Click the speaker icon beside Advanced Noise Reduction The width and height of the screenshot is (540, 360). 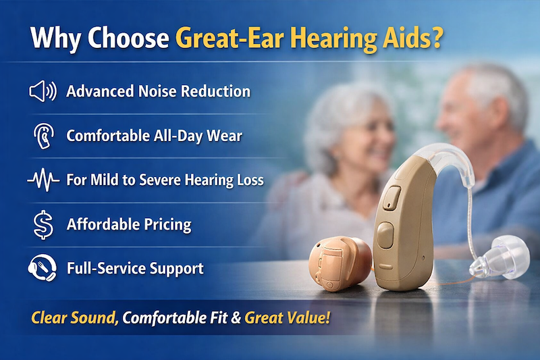[42, 91]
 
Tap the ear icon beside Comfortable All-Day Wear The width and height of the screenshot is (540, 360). [42, 135]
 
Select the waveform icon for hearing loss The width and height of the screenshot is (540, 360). [42, 180]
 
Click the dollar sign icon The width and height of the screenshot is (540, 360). [43, 224]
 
